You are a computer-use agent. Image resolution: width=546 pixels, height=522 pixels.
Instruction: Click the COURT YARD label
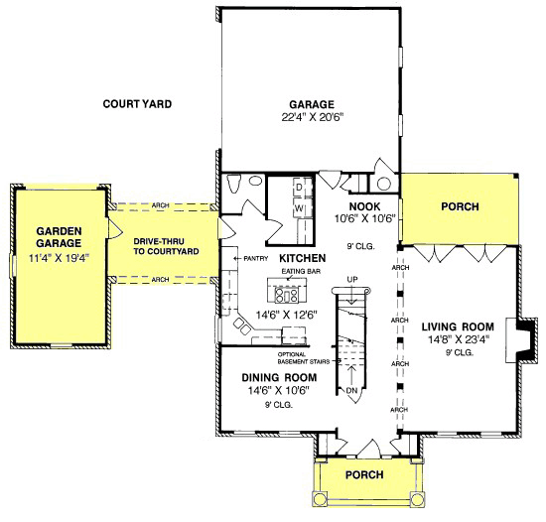tap(137, 104)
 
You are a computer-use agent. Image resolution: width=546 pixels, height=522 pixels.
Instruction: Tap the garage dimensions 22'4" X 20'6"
tap(313, 117)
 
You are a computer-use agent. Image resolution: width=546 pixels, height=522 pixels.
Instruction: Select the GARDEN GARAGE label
tap(59, 237)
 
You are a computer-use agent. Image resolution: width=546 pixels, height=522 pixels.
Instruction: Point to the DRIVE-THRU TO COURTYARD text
tap(166, 246)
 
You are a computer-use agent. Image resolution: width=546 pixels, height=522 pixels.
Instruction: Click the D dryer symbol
tap(299, 188)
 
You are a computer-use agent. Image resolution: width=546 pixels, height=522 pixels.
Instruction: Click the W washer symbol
tap(299, 208)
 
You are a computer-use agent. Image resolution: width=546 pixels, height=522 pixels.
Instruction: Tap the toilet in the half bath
tap(233, 183)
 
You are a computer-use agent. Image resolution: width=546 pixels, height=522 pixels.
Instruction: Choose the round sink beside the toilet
tap(256, 182)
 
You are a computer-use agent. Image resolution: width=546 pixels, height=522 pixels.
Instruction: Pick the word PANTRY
tap(255, 259)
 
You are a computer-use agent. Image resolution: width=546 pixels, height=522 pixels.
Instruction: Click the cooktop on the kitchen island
tap(286, 296)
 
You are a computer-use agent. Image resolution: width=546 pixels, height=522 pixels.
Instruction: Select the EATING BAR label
tap(301, 271)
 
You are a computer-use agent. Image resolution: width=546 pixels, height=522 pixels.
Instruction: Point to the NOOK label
tap(364, 206)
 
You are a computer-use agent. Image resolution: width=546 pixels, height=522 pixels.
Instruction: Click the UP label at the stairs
tap(352, 280)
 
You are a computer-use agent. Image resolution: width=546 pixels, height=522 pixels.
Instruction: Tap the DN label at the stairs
tap(352, 390)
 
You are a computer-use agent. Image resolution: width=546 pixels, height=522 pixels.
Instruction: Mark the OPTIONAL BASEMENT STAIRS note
tap(304, 358)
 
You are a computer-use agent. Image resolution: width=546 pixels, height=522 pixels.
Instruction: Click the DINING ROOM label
tap(279, 377)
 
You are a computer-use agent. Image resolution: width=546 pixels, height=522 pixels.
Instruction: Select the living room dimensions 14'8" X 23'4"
tap(459, 339)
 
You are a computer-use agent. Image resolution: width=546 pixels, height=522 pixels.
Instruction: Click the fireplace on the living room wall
tap(520, 340)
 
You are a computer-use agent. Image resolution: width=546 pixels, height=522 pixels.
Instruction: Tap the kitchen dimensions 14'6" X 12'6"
tap(287, 315)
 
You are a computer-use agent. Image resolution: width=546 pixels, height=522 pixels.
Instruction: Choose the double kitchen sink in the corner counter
tap(242, 326)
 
